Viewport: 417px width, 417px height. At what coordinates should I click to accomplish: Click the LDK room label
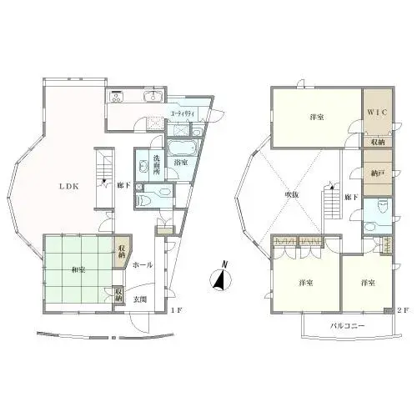point(68,187)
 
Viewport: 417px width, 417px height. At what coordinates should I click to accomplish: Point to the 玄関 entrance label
point(142,299)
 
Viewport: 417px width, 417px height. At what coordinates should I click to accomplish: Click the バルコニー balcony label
point(347,326)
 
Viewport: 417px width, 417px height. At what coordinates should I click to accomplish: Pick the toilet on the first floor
point(145,198)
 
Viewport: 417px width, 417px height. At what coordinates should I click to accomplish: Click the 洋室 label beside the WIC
point(315,118)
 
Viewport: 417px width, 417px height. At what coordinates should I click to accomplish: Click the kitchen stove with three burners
point(117,95)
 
